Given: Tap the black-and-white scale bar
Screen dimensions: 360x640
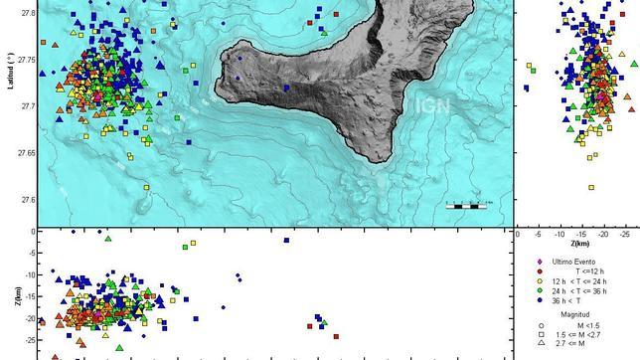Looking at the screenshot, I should tap(464, 206).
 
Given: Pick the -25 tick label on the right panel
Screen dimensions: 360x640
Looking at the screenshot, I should tap(623, 234).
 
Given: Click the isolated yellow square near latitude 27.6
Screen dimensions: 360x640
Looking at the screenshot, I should tap(591, 186).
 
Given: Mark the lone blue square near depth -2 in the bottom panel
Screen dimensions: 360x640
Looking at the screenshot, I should tap(286, 240).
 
